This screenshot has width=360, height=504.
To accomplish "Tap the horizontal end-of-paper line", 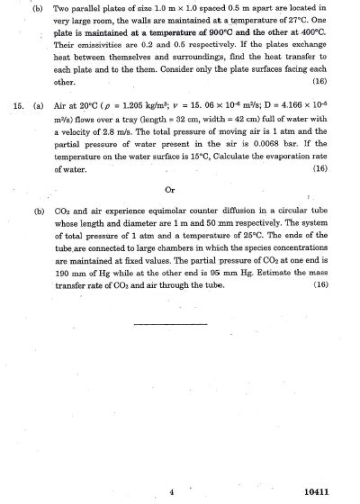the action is pos(170,322).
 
